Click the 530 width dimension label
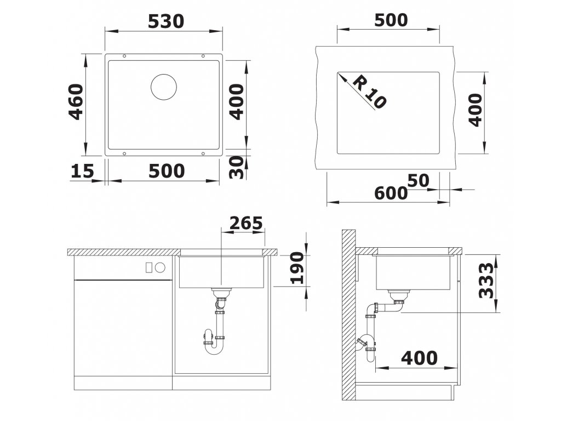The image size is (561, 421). click(x=165, y=21)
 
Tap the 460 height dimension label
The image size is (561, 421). click(x=76, y=101)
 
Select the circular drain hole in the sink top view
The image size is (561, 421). click(x=164, y=87)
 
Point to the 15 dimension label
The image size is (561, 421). click(x=82, y=171)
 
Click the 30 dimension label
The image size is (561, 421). click(x=236, y=167)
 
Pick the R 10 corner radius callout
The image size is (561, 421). click(x=369, y=93)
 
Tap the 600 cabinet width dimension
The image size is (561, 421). click(x=391, y=194)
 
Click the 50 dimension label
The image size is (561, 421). click(x=418, y=181)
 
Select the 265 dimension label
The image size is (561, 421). click(x=246, y=223)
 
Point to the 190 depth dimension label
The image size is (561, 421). click(x=297, y=268)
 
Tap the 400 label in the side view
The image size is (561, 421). click(x=419, y=357)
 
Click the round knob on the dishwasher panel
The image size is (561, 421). click(x=160, y=267)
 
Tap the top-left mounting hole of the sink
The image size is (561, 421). click(x=124, y=56)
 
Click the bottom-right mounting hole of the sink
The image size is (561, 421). click(x=203, y=153)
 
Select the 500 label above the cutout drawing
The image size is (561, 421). click(x=391, y=20)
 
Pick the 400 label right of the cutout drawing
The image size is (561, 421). click(x=475, y=110)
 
